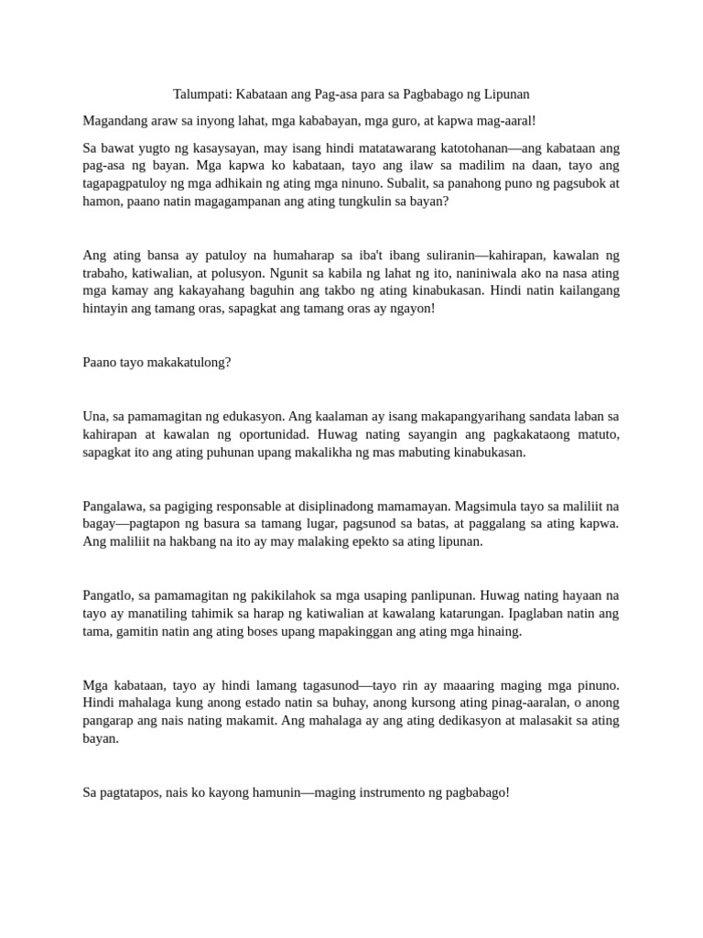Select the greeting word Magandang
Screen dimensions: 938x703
[x=114, y=120]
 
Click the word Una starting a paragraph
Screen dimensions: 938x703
[x=94, y=416]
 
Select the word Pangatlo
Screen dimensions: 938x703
[x=108, y=595]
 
